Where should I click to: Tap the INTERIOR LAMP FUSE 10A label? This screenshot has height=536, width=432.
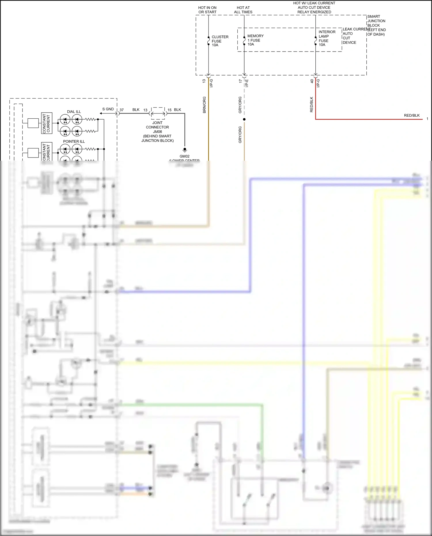(x=327, y=38)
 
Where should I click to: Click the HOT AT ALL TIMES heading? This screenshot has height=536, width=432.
(x=243, y=10)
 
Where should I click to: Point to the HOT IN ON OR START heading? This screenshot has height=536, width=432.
(x=207, y=10)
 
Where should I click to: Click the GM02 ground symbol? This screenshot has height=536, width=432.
(x=185, y=150)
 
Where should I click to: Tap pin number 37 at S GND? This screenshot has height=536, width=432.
(x=122, y=110)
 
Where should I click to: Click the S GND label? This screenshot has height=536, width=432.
(x=108, y=109)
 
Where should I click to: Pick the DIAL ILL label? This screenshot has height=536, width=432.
(x=74, y=112)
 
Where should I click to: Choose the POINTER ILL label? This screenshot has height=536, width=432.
(x=74, y=141)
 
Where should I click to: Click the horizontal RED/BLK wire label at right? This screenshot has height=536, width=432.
(x=412, y=115)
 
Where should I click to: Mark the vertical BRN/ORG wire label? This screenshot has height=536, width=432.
(x=204, y=105)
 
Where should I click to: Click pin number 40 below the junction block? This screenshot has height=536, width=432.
(x=312, y=81)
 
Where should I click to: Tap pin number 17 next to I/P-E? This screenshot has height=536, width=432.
(x=240, y=81)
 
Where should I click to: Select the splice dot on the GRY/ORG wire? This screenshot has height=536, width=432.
(x=244, y=119)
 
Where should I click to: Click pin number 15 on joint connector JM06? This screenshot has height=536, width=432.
(x=169, y=110)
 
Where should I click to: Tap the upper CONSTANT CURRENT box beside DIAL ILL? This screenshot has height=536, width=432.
(x=47, y=123)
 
